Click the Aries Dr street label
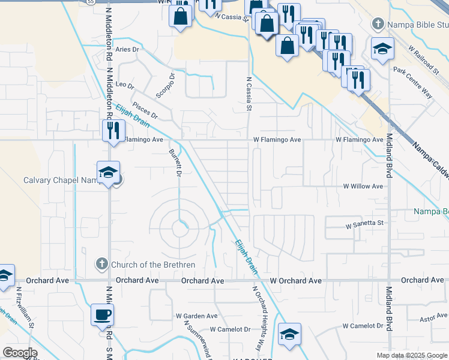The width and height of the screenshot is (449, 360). pyautogui.click(x=128, y=49)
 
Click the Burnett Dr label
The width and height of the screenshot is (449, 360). pyautogui.click(x=175, y=163)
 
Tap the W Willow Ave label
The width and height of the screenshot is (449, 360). pyautogui.click(x=363, y=187)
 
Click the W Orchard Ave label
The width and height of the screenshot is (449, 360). pyautogui.click(x=295, y=281)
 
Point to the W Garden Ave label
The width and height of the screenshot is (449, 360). pyautogui.click(x=196, y=316)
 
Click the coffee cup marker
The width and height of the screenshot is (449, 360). pyautogui.click(x=102, y=314)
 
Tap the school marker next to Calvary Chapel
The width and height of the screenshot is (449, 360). pyautogui.click(x=108, y=173)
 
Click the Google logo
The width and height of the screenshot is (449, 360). pyautogui.click(x=20, y=353)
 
